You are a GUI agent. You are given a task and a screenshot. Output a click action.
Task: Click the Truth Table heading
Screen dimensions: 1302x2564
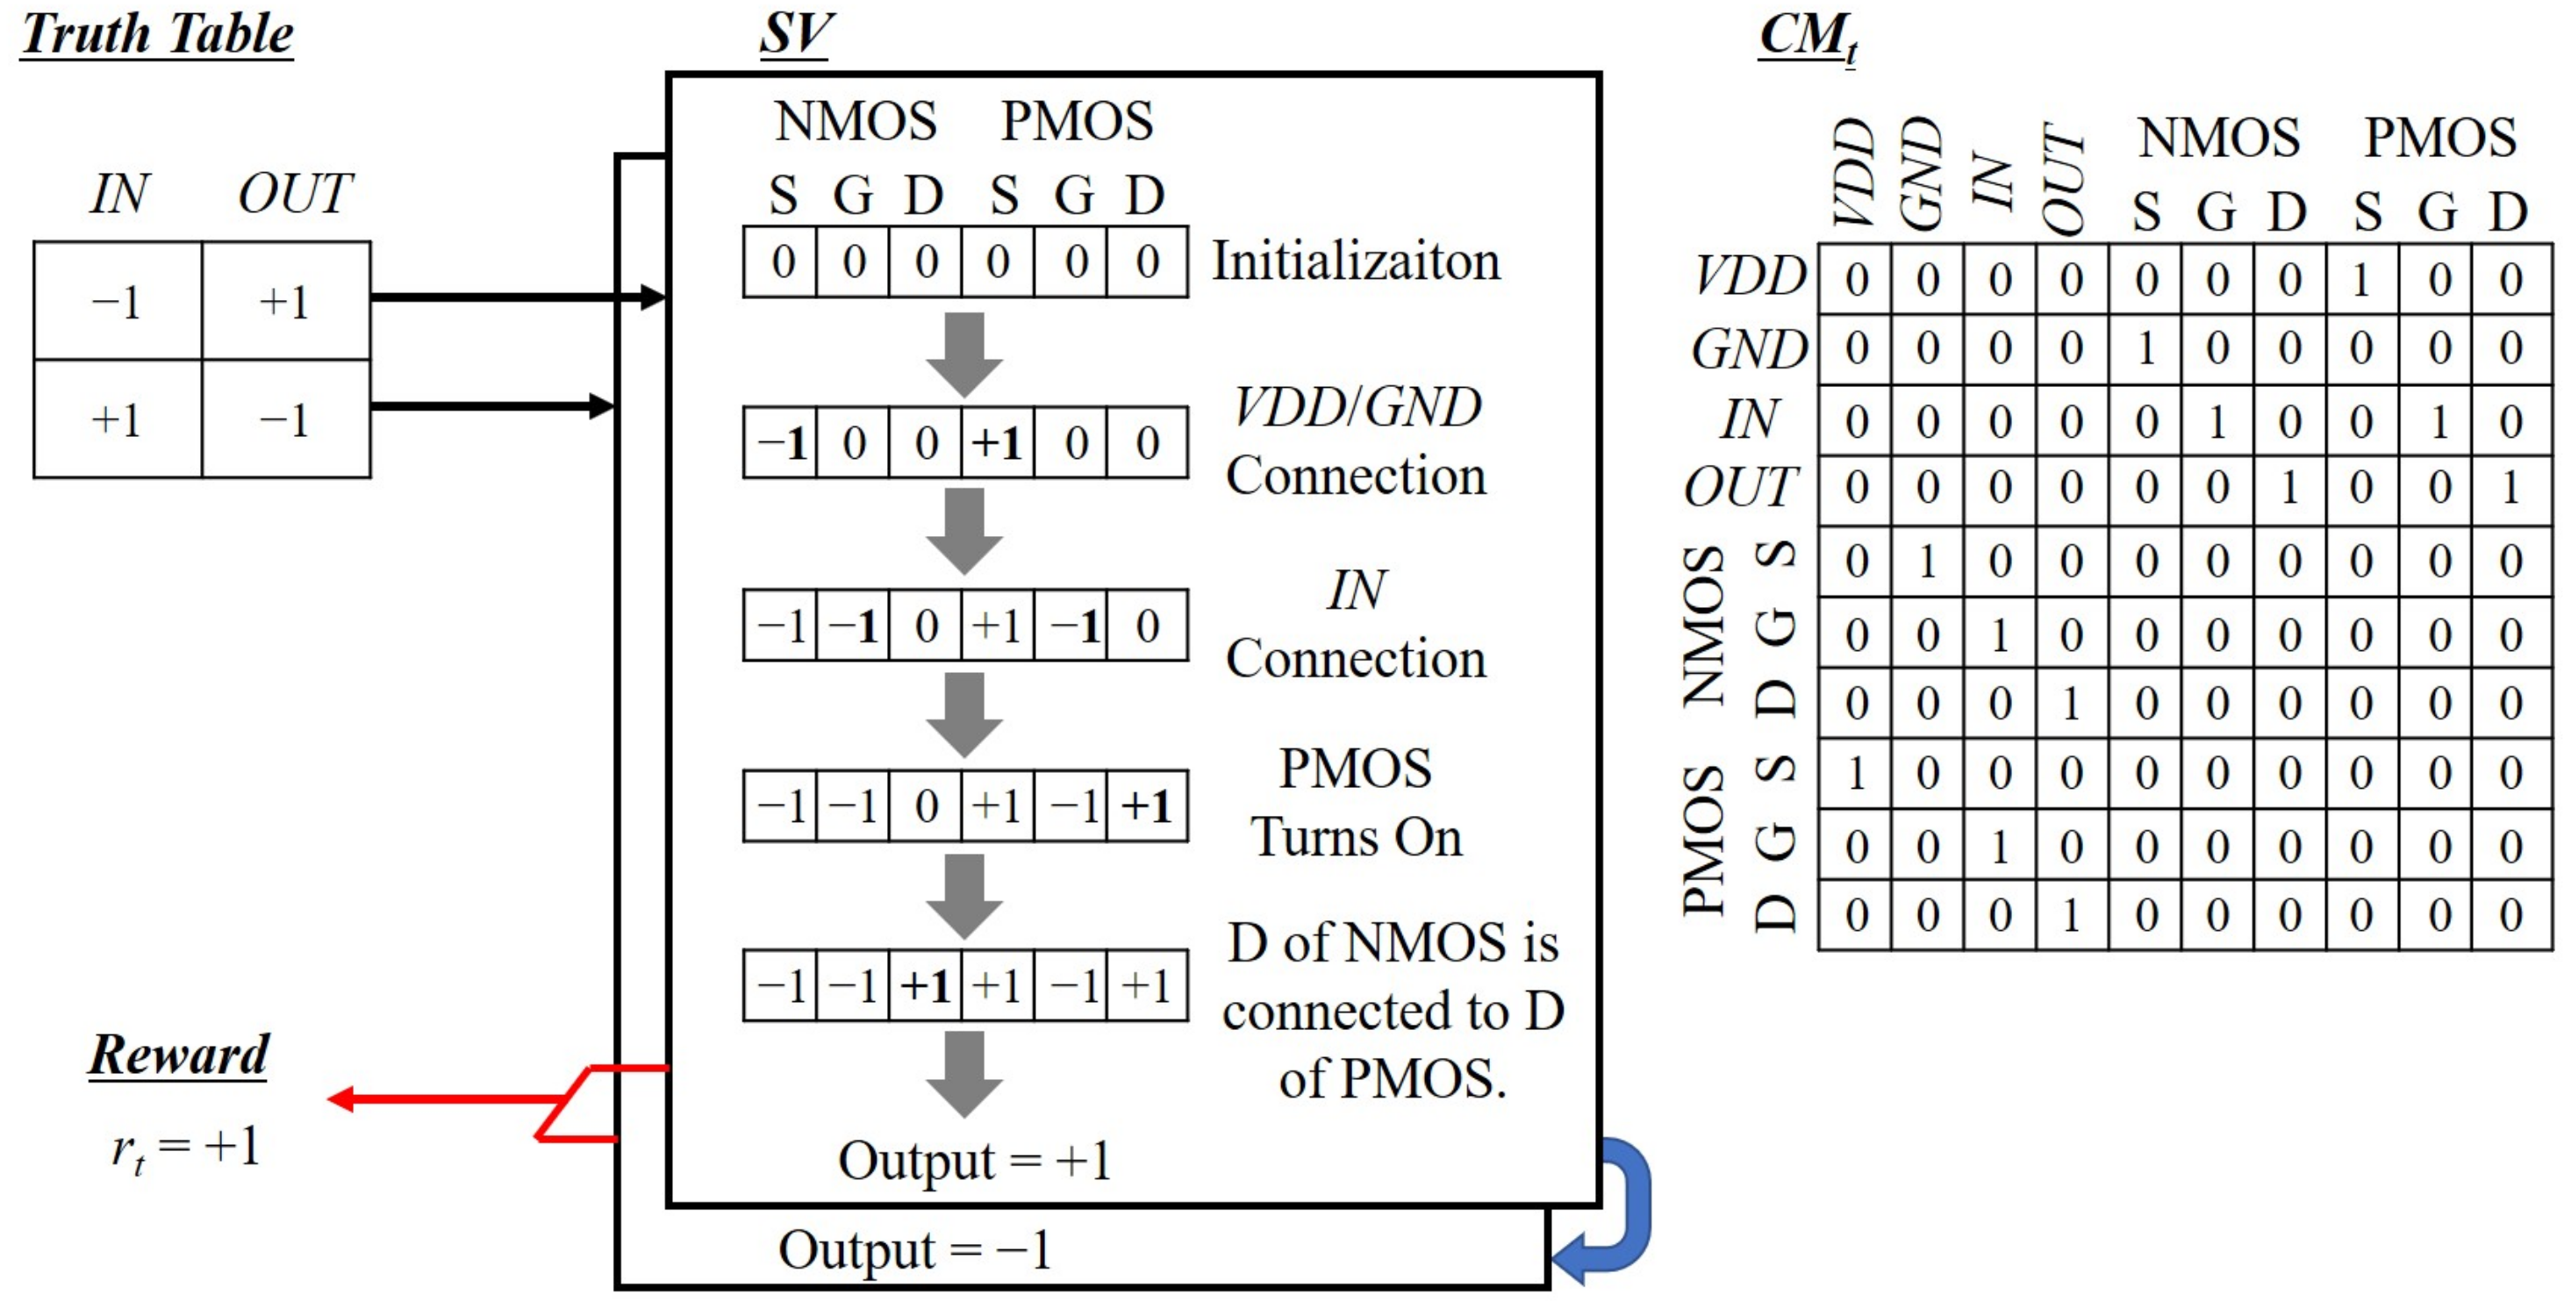point(157,34)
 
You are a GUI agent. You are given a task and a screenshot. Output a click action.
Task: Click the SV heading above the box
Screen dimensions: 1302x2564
point(794,34)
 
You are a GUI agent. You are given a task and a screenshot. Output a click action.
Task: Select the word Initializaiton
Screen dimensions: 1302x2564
point(1356,261)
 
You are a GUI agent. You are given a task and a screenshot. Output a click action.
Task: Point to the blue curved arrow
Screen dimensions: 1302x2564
point(1617,1209)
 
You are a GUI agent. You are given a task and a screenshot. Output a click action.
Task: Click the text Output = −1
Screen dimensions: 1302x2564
point(913,1250)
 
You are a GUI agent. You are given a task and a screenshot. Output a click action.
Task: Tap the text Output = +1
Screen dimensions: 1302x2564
point(973,1161)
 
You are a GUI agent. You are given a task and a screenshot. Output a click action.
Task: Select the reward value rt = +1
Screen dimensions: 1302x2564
point(185,1147)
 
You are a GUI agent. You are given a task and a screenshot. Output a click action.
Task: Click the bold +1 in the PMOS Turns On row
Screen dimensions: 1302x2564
point(1147,806)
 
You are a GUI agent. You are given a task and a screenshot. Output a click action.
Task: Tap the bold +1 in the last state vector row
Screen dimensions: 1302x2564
point(926,986)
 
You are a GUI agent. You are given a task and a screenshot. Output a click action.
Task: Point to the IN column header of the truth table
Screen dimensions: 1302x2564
point(118,193)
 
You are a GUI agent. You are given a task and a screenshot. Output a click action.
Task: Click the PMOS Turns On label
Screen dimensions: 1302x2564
point(1356,802)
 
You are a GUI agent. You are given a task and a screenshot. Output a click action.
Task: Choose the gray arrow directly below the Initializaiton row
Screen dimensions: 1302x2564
point(963,354)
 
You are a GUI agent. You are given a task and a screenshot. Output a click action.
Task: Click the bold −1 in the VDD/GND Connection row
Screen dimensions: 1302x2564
point(781,443)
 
